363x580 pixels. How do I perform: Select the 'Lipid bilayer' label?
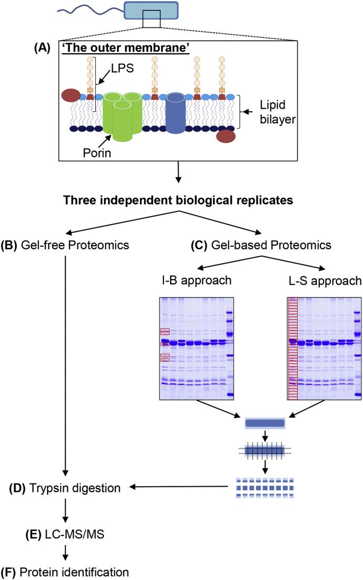(x=278, y=112)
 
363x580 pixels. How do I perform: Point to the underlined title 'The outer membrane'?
(x=126, y=49)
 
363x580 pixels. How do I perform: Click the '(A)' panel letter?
(x=42, y=48)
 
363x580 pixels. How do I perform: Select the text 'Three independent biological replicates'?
(x=178, y=200)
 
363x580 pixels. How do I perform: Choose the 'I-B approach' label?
(x=197, y=280)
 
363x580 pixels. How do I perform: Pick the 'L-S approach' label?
(x=325, y=281)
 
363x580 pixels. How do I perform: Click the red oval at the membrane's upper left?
(x=71, y=95)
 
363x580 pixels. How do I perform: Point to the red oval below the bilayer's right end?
(x=226, y=136)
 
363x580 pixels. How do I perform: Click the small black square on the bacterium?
(x=152, y=19)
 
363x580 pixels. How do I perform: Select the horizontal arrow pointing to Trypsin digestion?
(x=178, y=488)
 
